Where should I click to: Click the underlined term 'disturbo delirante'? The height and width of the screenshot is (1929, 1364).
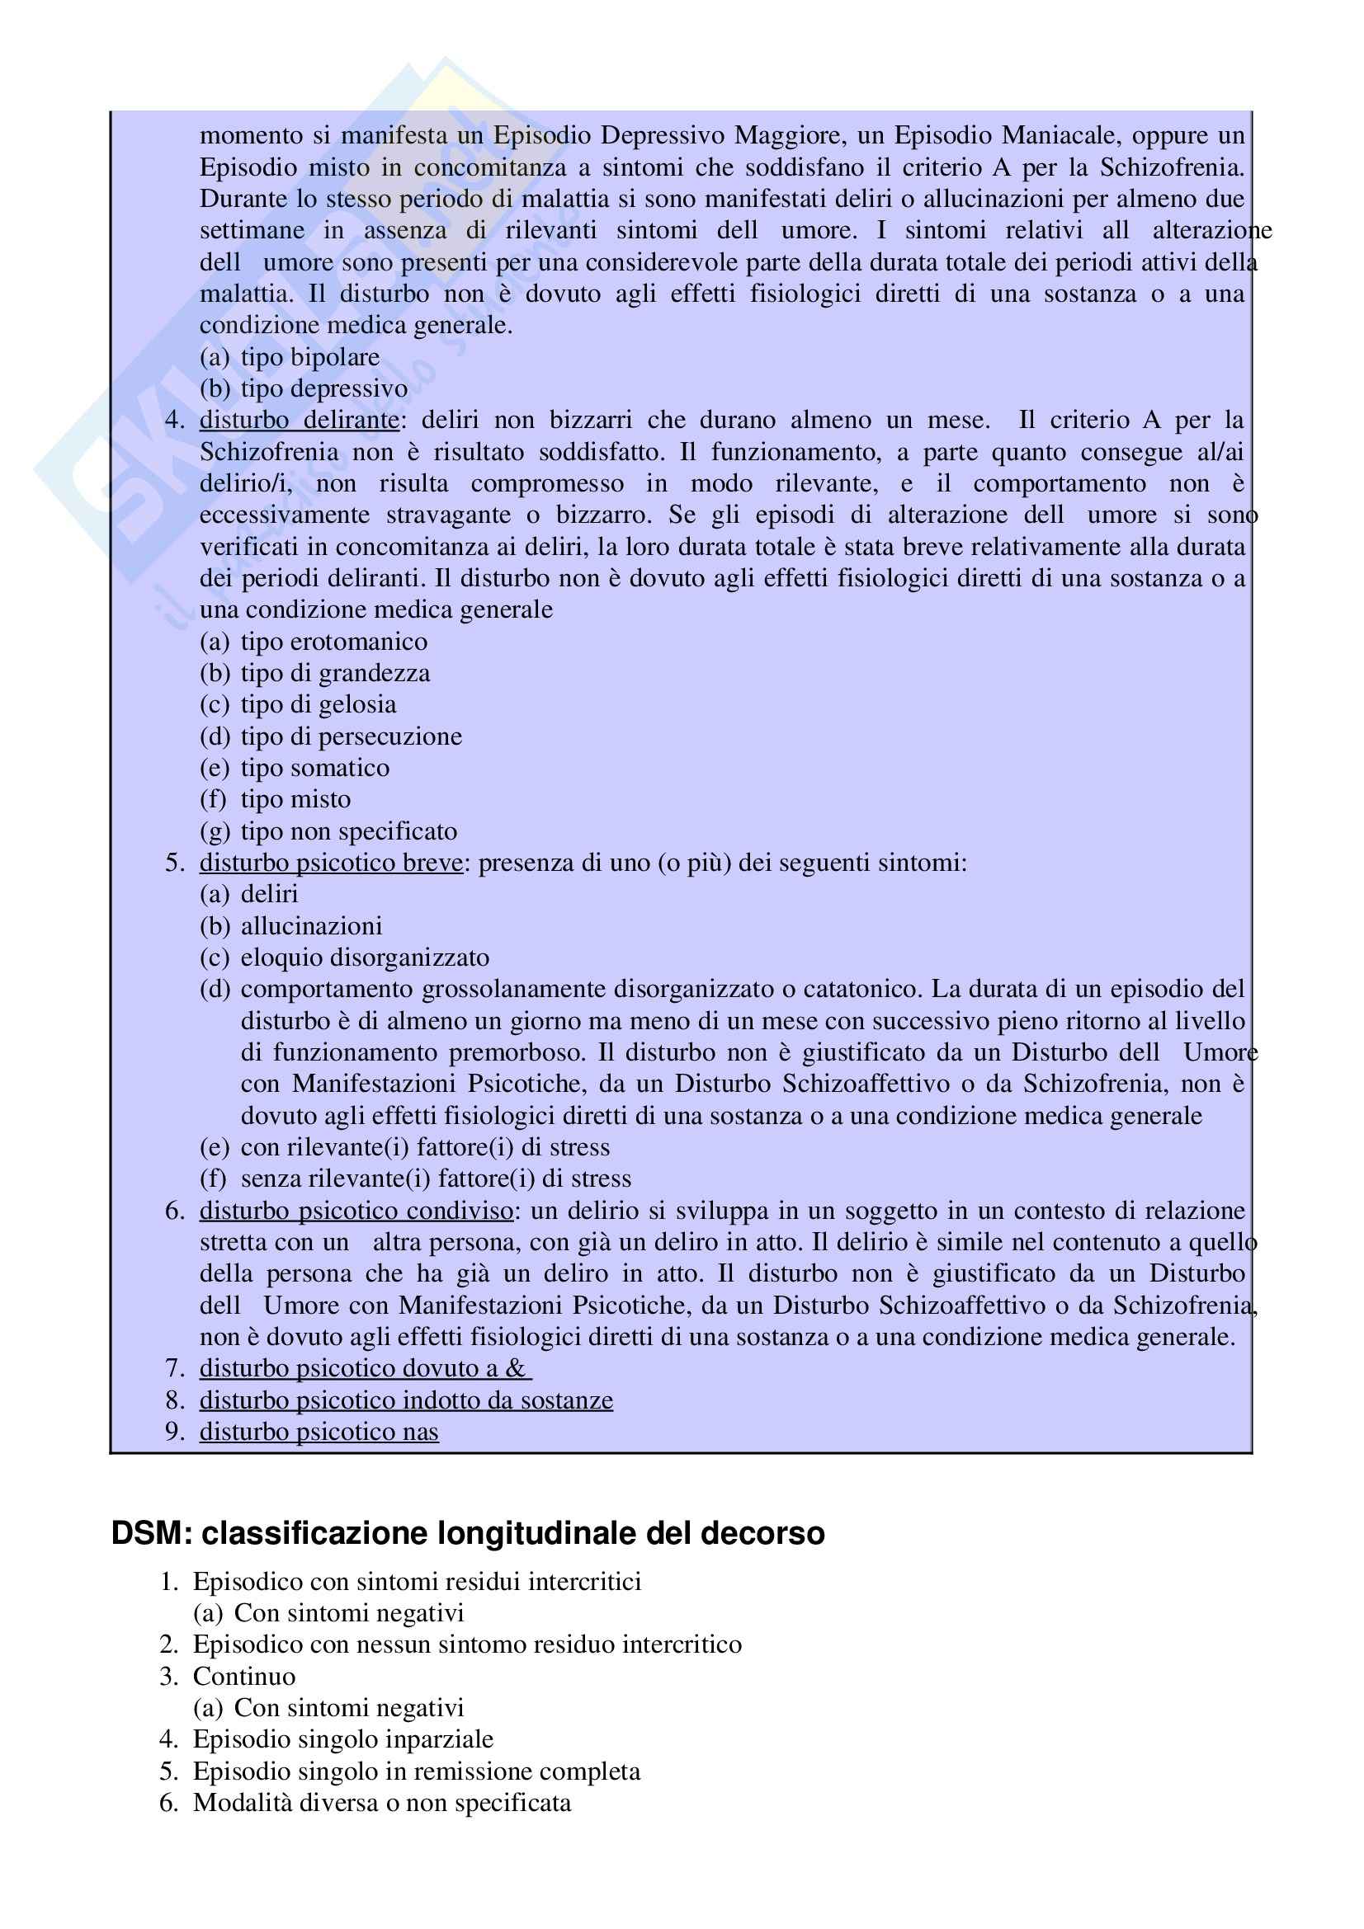click(299, 419)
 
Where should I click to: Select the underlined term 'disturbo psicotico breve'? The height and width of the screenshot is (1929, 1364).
click(330, 862)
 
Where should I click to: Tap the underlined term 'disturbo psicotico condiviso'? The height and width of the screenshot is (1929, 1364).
click(356, 1210)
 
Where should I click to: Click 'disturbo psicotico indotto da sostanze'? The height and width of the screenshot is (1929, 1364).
click(406, 1400)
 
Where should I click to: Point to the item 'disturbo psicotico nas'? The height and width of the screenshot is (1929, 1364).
click(319, 1431)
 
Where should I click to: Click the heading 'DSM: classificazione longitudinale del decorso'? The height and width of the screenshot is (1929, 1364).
click(467, 1533)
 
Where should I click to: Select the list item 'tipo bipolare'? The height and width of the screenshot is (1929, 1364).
click(309, 356)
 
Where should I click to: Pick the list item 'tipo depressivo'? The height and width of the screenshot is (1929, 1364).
click(323, 388)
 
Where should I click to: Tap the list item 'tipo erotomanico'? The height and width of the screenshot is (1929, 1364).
click(333, 641)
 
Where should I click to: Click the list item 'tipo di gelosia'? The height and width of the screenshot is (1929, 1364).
click(318, 704)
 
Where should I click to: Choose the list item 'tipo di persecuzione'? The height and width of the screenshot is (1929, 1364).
click(351, 736)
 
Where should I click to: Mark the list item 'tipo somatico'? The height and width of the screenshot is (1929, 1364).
click(314, 767)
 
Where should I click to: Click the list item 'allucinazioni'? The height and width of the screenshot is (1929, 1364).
click(311, 925)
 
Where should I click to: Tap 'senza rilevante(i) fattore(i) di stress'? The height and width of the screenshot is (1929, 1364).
click(436, 1178)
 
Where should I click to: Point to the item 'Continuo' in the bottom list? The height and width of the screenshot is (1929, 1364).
click(243, 1676)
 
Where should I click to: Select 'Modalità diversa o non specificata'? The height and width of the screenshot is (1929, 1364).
click(381, 1802)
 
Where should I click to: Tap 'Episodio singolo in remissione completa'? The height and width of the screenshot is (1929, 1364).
click(416, 1771)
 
